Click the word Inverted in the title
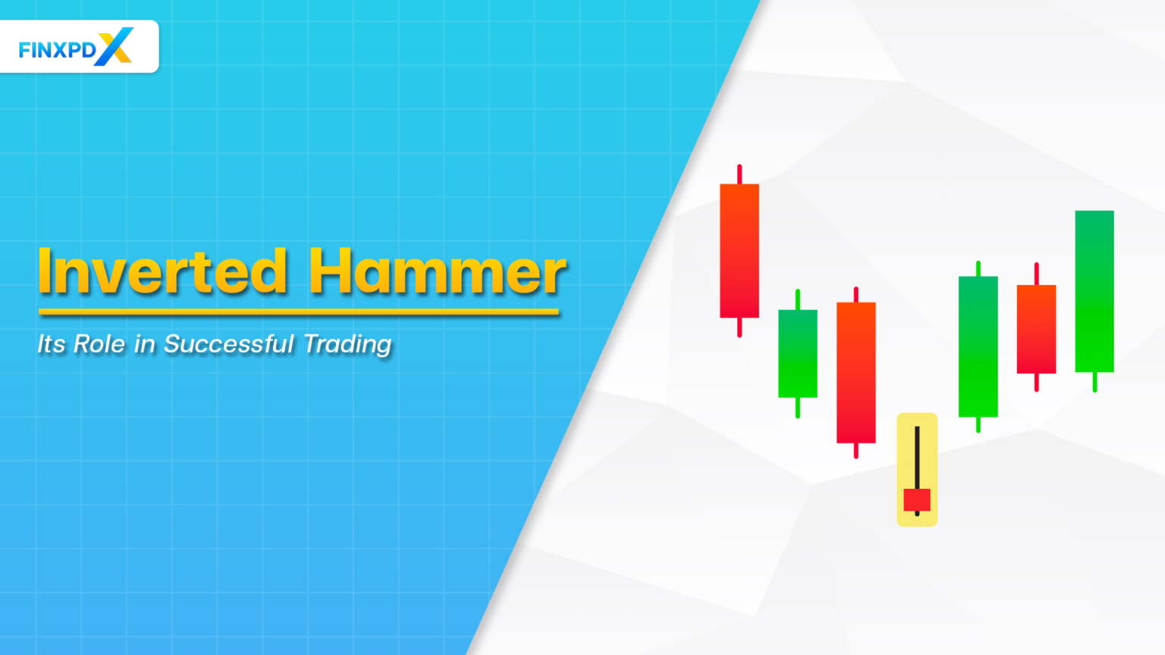[x=162, y=271]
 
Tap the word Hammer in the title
[x=437, y=271]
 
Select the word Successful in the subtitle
[x=228, y=344]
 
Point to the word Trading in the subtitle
[x=347, y=344]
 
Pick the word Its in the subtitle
[x=52, y=344]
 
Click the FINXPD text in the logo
[x=57, y=50]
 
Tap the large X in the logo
[x=115, y=46]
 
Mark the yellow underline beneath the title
[x=299, y=311]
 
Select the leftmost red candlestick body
[x=740, y=250]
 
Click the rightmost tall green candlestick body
[x=1094, y=291]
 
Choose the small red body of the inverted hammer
[x=917, y=500]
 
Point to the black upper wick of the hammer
[x=917, y=455]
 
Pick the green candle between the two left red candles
[x=798, y=353]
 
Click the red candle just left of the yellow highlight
[x=856, y=372]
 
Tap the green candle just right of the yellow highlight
[x=978, y=346]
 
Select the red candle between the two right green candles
[x=1037, y=329]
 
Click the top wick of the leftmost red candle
[x=740, y=174]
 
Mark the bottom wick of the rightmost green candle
[x=1094, y=382]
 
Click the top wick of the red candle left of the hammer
[x=856, y=294]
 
